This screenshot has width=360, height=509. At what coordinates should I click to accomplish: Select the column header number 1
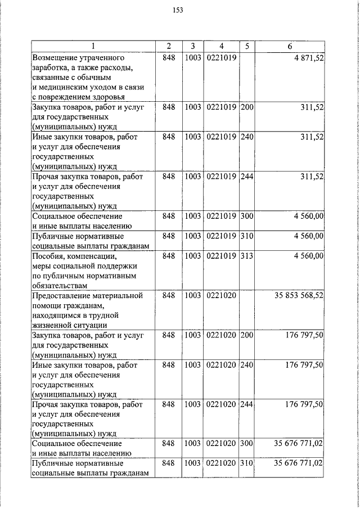[x=93, y=46]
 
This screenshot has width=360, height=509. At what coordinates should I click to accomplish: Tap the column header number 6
[x=290, y=46]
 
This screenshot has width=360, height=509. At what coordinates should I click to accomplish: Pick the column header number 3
[x=192, y=46]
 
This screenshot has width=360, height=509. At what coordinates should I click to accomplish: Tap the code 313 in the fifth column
[x=247, y=256]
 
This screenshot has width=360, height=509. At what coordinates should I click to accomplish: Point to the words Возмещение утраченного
[x=78, y=57]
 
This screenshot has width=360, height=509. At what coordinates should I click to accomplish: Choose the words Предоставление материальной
[x=87, y=295]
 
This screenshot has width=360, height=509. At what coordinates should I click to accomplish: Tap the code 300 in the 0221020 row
[x=247, y=444]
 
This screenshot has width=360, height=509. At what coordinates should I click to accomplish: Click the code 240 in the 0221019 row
[x=247, y=137]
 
